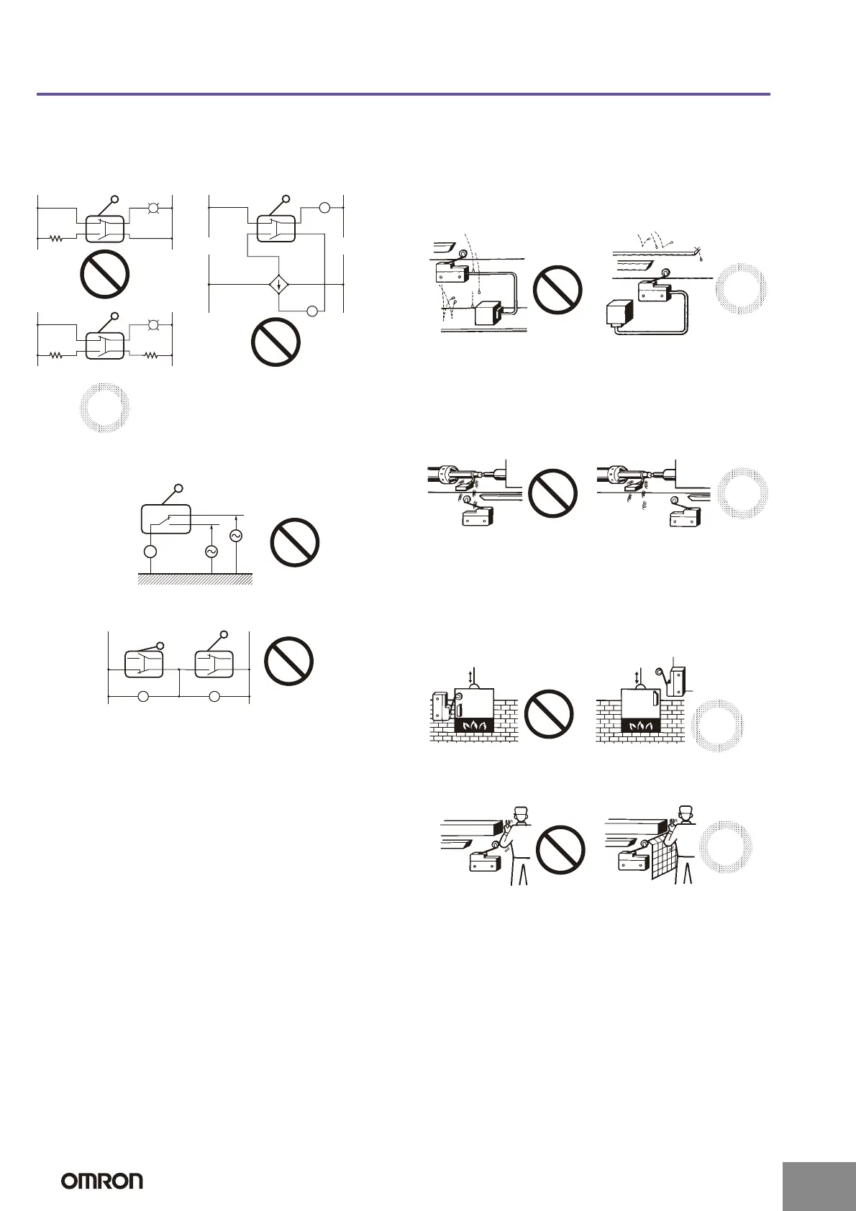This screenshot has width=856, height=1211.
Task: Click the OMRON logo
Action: [x=101, y=1181]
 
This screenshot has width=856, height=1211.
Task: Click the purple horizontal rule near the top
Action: [x=403, y=94]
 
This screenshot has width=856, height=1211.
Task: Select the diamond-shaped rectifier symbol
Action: [x=278, y=285]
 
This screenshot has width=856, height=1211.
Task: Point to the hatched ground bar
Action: [x=195, y=579]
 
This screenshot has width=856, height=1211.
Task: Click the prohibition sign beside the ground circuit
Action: [x=295, y=542]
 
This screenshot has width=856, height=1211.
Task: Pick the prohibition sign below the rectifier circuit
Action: [x=276, y=342]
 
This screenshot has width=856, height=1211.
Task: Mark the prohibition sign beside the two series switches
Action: [x=288, y=661]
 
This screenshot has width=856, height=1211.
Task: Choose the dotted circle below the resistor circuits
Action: [x=104, y=408]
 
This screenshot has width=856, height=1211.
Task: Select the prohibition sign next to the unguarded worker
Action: [x=561, y=849]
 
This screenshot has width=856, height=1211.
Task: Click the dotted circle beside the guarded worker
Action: [x=726, y=846]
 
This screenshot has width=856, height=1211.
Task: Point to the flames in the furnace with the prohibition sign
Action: [x=473, y=726]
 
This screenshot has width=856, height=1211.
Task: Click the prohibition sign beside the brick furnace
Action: [x=550, y=714]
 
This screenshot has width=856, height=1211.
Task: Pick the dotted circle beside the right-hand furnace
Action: [x=717, y=725]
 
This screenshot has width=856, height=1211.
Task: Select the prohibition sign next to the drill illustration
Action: [x=553, y=493]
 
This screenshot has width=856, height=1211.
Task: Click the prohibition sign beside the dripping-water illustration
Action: [x=557, y=290]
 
